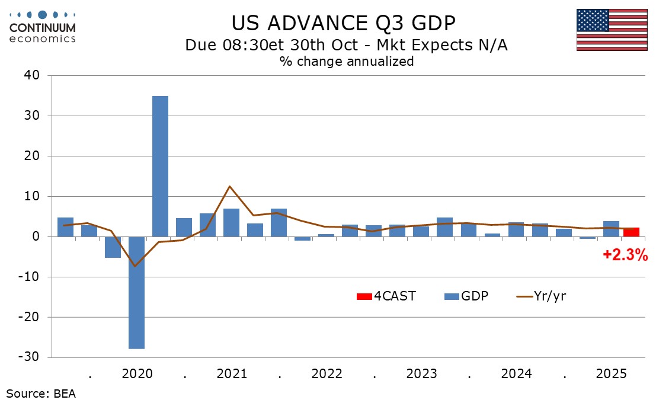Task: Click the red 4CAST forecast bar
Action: pos(631,232)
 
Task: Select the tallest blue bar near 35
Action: pos(160,166)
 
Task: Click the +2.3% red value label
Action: pos(625,256)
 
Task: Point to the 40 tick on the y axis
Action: pos(32,75)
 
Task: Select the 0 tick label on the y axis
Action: pos(36,236)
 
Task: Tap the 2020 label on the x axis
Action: pos(137,374)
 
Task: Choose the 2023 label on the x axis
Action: pos(421,374)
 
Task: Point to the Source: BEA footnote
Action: pos(41,393)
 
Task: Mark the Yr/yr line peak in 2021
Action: pos(229,186)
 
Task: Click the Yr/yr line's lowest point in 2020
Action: pos(136,266)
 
